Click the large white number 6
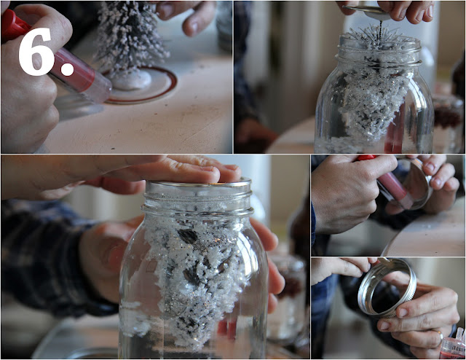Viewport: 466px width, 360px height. coord(36,51)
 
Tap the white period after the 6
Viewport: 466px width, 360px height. coord(67,69)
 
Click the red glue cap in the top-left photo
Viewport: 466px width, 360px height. coord(14,26)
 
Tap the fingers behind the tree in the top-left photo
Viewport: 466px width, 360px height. coord(186,17)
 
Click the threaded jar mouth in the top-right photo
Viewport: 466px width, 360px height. coord(381,50)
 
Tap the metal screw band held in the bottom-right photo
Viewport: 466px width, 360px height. coord(387,287)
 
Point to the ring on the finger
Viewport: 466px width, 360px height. coord(439,335)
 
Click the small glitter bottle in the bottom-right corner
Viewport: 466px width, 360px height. coord(453,345)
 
